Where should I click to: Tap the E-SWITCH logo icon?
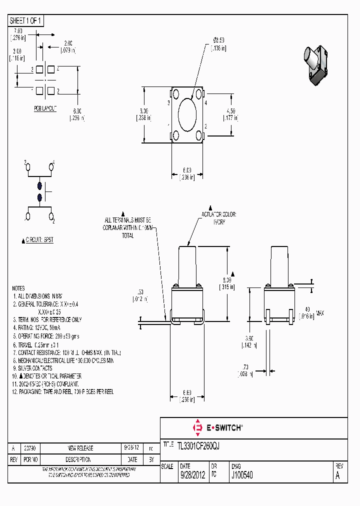(x=196, y=427)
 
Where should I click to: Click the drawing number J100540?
(x=241, y=475)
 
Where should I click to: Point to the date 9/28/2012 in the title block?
(x=191, y=475)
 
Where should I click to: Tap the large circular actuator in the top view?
(x=187, y=114)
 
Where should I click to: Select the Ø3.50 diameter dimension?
(x=218, y=44)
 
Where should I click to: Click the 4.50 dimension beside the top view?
(x=230, y=114)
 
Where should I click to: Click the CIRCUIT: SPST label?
(x=39, y=240)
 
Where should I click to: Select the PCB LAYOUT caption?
(x=45, y=108)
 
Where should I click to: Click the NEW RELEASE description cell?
(x=80, y=448)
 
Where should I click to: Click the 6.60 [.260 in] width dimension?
(x=187, y=396)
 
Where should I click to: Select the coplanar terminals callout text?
(x=127, y=227)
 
